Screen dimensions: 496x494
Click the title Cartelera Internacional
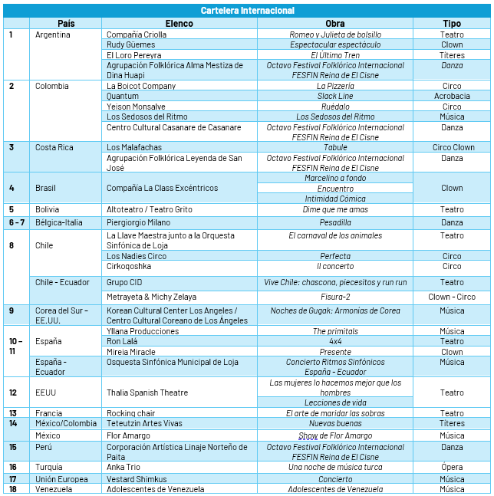tap(247, 11)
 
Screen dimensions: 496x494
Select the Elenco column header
tap(179, 24)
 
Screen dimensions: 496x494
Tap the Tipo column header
tap(452, 24)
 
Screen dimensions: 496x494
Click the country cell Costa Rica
tap(54, 147)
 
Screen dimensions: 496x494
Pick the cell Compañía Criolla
tap(137, 34)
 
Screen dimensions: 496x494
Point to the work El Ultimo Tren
tap(334, 55)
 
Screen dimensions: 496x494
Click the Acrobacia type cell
tap(452, 97)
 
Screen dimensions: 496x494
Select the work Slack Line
tap(334, 97)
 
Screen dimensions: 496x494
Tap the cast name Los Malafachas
tap(134, 147)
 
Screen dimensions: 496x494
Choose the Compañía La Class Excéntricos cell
tap(162, 188)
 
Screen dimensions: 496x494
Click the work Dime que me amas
tap(334, 209)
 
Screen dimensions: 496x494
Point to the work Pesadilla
tap(334, 222)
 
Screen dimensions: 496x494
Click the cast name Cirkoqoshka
tap(129, 267)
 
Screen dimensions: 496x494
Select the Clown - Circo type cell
tap(452, 297)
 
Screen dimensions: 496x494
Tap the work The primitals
tap(334, 331)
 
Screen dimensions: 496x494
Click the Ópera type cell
tap(452, 467)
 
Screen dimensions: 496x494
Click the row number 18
tap(13, 489)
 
